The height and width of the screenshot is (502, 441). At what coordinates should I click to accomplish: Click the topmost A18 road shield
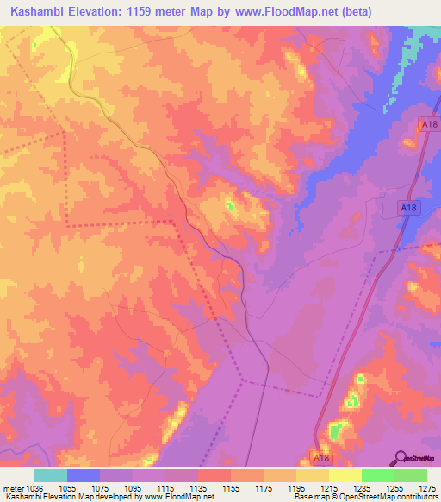(x=424, y=124)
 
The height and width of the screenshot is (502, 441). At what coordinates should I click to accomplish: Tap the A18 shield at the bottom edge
(x=321, y=457)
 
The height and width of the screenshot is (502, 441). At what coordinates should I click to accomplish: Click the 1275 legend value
(x=417, y=487)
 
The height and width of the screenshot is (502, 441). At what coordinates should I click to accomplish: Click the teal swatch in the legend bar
(x=50, y=475)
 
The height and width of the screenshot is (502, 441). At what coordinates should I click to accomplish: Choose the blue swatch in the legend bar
(x=83, y=475)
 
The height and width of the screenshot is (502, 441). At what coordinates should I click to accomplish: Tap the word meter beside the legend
(x=11, y=487)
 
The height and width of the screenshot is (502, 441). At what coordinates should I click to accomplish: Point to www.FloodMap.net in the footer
(x=179, y=497)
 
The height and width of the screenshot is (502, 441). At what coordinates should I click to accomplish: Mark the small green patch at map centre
(x=230, y=206)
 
